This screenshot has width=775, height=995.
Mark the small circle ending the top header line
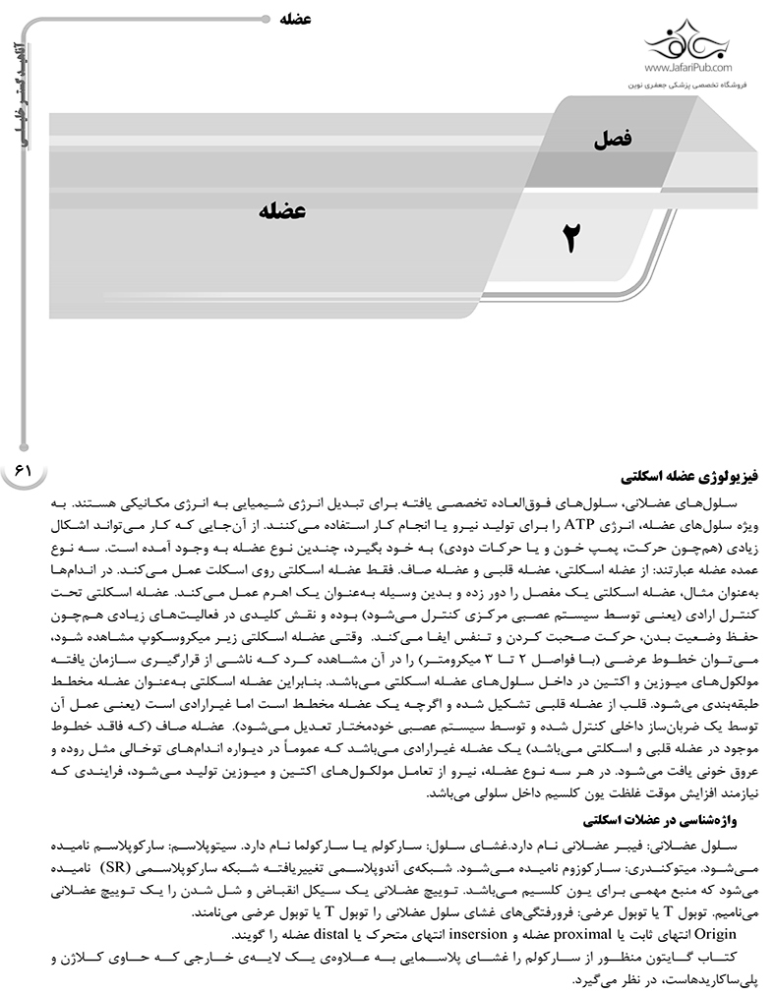tap(271, 18)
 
